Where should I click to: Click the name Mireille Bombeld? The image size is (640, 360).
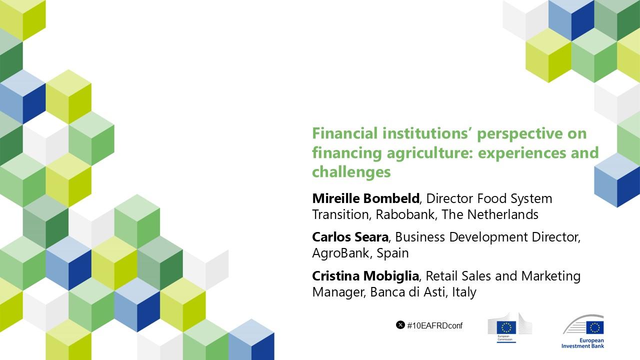point(365,198)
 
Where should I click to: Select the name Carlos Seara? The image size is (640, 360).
point(350,237)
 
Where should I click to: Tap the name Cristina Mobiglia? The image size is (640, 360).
point(365,276)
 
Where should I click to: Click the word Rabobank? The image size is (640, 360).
point(405,214)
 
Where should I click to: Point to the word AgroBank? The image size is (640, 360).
point(340,253)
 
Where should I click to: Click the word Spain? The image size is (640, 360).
point(392,253)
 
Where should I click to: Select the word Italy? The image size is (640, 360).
point(464,292)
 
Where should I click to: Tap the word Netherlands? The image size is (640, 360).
point(502,214)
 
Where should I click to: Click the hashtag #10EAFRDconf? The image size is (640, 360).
point(434,325)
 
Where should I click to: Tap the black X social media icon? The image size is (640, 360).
point(400,325)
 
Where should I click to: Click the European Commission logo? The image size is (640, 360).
point(509,327)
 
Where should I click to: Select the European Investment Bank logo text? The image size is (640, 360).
point(582,343)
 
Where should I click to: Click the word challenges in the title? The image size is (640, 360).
point(351,172)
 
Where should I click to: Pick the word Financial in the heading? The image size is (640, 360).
point(345,133)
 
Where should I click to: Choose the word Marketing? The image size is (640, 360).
point(551,276)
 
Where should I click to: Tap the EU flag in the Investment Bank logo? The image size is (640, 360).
point(595,327)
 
